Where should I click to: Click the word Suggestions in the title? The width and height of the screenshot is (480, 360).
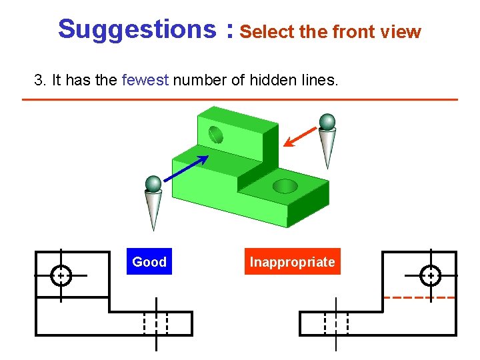tap(136, 29)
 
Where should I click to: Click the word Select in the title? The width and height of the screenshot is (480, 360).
tap(264, 31)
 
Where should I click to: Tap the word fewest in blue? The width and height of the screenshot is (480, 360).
tap(146, 81)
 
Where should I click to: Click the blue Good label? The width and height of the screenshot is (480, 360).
tap(149, 262)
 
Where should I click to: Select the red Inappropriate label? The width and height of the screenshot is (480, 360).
tap(292, 262)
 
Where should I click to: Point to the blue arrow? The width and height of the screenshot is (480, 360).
tap(186, 167)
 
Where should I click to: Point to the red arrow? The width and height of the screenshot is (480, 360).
tap(301, 135)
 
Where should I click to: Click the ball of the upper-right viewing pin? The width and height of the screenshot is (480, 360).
tap(327, 121)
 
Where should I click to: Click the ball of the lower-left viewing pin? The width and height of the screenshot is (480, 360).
tap(154, 183)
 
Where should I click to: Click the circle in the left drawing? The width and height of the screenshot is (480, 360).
tap(61, 275)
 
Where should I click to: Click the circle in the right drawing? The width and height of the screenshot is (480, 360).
tap(431, 275)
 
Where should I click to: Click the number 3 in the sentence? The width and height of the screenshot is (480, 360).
tap(38, 81)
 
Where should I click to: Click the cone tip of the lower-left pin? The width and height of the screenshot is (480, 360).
tap(154, 228)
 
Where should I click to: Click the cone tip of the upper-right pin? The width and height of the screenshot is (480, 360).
tap(327, 167)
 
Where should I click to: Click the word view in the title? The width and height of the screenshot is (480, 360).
tap(404, 31)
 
